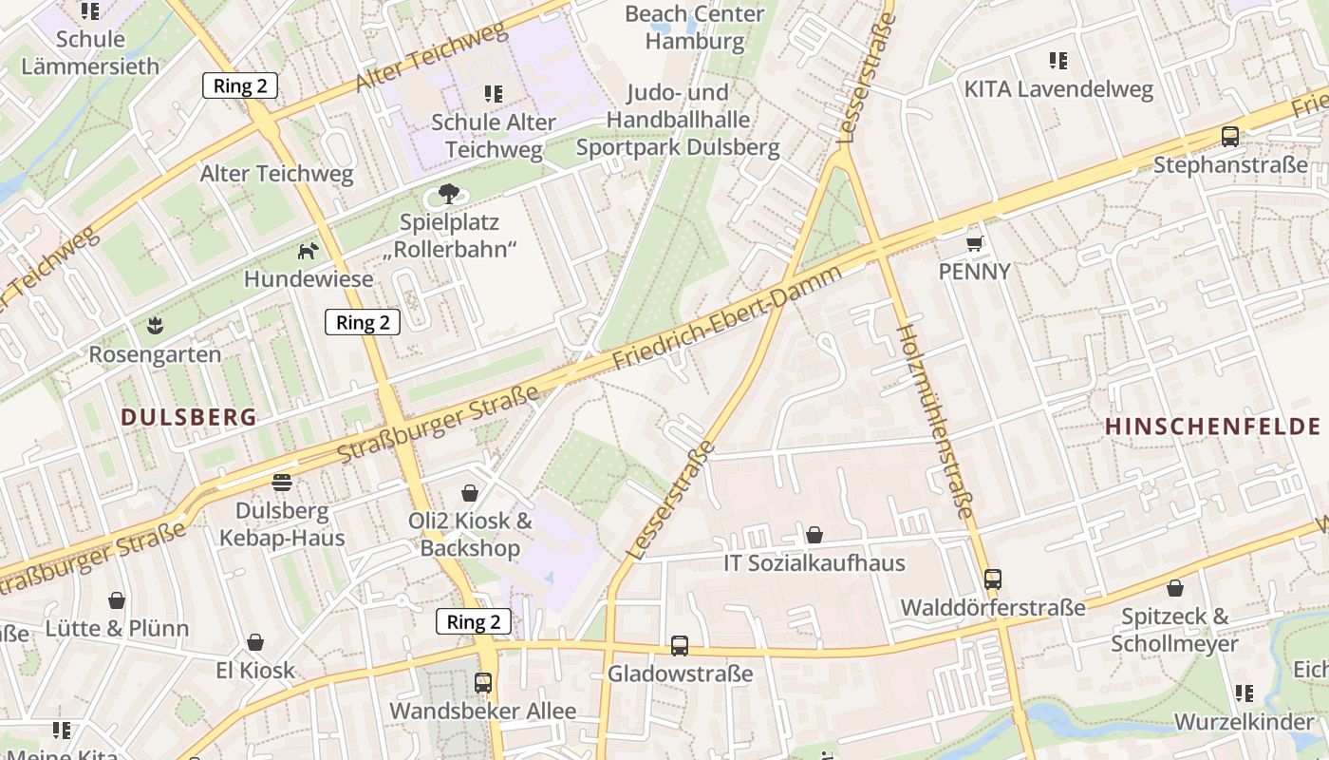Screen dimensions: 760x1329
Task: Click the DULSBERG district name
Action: tap(189, 417)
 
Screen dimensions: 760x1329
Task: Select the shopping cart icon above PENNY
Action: tap(974, 244)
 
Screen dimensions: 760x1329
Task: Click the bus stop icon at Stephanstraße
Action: tap(1230, 137)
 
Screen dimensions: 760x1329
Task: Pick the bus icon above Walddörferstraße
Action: tap(993, 579)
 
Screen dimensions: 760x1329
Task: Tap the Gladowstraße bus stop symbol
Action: tap(680, 646)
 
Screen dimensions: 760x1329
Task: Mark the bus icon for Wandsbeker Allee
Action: tap(483, 682)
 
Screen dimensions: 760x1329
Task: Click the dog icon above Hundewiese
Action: tap(309, 251)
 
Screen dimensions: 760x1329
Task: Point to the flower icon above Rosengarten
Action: tap(155, 327)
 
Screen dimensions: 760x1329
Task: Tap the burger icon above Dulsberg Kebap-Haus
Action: tap(282, 482)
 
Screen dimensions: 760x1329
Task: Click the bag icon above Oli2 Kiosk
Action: tap(470, 492)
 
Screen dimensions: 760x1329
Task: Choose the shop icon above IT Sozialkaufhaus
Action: tap(814, 535)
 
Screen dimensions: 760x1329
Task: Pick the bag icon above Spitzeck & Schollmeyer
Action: tap(1175, 588)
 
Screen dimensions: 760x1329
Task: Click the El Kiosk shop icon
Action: tap(255, 643)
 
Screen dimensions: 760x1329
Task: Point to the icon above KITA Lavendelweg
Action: tap(1058, 62)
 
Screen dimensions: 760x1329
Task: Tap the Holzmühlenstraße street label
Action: tap(935, 421)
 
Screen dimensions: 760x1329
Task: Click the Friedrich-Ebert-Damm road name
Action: tap(728, 318)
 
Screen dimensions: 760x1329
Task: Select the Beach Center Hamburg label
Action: tap(695, 28)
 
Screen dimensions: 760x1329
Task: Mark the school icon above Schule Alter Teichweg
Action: tap(493, 94)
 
